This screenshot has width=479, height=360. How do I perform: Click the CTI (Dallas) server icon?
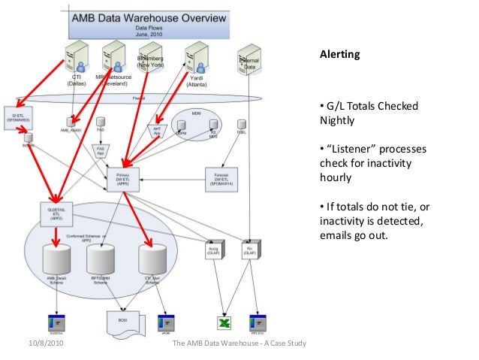pyautogui.click(x=74, y=56)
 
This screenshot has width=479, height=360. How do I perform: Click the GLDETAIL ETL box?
pyautogui.click(x=54, y=211)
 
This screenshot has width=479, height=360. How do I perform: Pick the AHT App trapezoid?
pyautogui.click(x=158, y=131)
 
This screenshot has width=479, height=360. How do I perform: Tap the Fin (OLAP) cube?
pyautogui.click(x=249, y=250)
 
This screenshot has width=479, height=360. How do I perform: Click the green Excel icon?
pyautogui.click(x=223, y=323)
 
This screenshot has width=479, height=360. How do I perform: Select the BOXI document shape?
pyautogui.click(x=125, y=321)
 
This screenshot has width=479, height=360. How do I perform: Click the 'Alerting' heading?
pyautogui.click(x=340, y=55)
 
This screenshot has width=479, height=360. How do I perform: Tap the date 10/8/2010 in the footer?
pyautogui.click(x=37, y=344)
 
